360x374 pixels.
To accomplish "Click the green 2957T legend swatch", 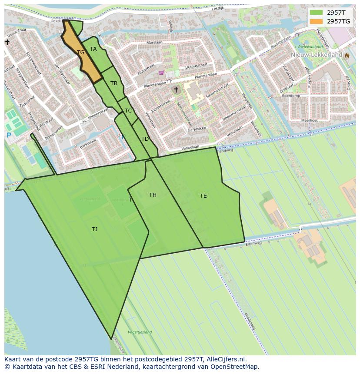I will coord(317,13).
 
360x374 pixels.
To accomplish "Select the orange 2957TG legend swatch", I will coord(317,21).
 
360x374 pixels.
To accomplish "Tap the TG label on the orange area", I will coord(80,53).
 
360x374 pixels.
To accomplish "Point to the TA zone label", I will coord(93,49).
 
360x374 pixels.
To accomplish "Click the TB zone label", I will coord(114,83).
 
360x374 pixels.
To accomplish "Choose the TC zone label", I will coord(128,111).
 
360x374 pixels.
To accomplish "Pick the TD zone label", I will coord(145,139).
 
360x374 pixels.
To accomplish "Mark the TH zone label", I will coord(153,195).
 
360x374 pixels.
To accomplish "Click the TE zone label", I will coord(203,196).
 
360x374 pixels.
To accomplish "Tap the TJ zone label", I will coord(94,229).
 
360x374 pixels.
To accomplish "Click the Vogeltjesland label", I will coord(140,332).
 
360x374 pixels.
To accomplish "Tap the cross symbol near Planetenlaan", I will coord(176,90).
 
